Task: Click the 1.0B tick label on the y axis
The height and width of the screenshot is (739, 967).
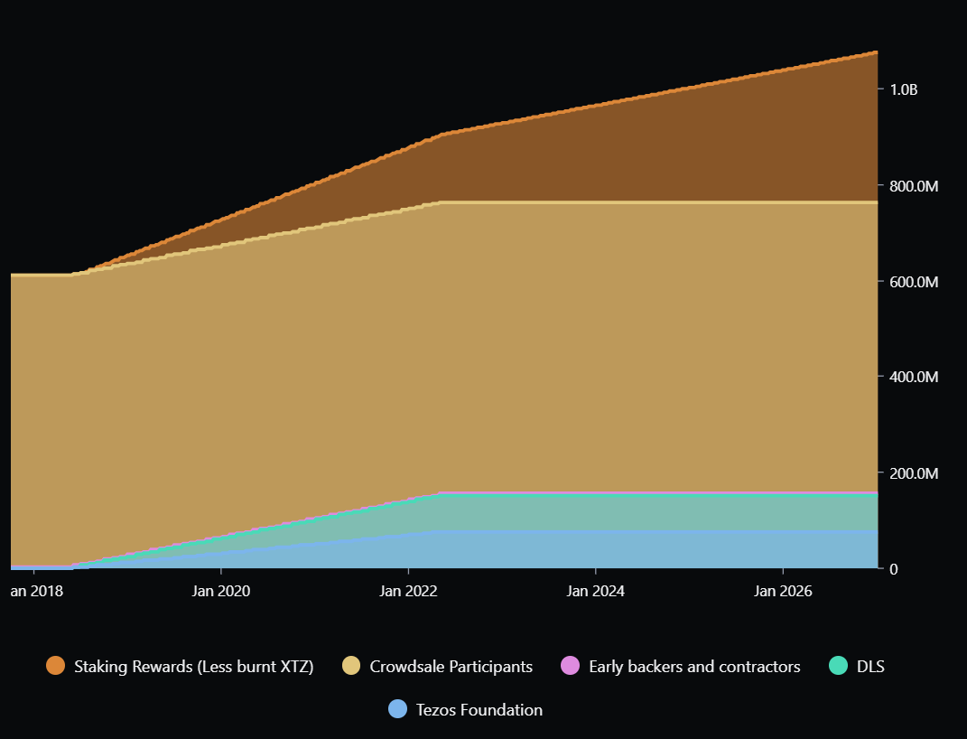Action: click(x=904, y=89)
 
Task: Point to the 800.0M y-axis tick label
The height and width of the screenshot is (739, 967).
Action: click(x=915, y=186)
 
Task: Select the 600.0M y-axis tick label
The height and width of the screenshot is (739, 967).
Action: click(x=915, y=282)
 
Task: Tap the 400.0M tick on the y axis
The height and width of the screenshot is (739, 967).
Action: click(x=915, y=377)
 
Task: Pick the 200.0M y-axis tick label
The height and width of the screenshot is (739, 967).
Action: click(x=915, y=473)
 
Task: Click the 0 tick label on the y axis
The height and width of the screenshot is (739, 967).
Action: click(x=894, y=568)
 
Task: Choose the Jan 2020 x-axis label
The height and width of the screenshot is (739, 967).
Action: click(x=221, y=592)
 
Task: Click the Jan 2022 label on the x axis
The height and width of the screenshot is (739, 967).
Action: click(x=408, y=592)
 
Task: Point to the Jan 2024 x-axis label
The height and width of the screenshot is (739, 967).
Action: click(x=595, y=592)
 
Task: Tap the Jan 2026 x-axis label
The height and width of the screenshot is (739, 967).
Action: click(x=782, y=592)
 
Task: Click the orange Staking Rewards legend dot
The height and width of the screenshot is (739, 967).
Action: click(x=56, y=667)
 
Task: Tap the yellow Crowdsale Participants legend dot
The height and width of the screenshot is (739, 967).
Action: click(x=351, y=667)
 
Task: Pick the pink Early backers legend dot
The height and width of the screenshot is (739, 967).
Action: click(x=571, y=667)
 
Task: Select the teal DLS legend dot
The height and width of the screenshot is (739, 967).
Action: click(x=839, y=667)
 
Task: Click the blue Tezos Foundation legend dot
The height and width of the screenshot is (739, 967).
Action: click(x=398, y=709)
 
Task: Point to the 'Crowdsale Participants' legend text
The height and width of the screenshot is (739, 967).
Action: click(x=451, y=667)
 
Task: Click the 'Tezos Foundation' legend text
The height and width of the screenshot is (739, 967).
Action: click(x=479, y=709)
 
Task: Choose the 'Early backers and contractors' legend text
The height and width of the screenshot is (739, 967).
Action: click(x=694, y=667)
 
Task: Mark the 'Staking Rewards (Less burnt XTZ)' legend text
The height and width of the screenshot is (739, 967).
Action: click(x=194, y=667)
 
